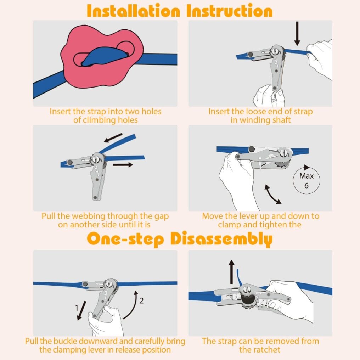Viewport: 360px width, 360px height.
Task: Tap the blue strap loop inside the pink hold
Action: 105,57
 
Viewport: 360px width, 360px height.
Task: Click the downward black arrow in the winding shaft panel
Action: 297,34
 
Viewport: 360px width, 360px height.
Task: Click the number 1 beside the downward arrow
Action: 77,308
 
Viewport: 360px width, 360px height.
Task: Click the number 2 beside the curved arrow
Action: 141,300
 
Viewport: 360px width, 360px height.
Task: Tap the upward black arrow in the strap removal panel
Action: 232,272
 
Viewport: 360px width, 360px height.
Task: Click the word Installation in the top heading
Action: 133,11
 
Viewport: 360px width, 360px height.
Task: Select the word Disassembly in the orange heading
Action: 221,239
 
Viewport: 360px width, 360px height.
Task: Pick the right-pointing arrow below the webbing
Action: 123,165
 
